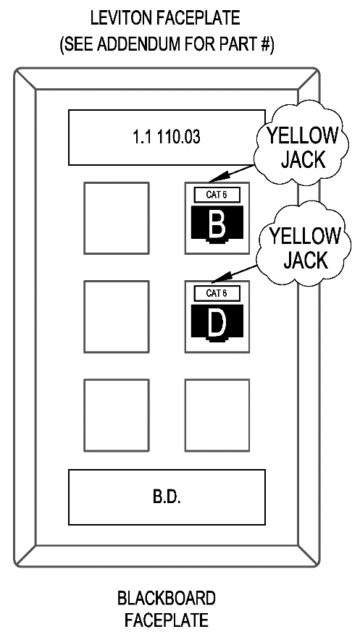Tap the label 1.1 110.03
(167, 138)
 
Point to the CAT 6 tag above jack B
(217, 195)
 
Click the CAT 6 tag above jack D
(217, 293)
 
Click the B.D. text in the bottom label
(167, 497)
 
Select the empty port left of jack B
(117, 218)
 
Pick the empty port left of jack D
(117, 316)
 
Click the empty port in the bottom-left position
(117, 415)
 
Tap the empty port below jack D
(217, 415)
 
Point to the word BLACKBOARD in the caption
(167, 599)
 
